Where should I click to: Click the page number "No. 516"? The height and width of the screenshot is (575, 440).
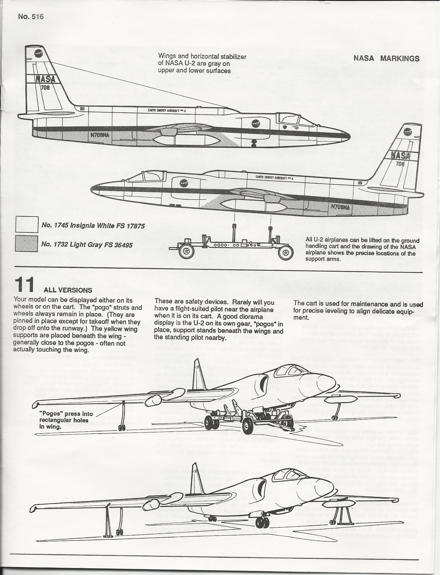(31, 17)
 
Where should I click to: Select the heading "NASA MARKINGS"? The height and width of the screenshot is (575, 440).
(386, 58)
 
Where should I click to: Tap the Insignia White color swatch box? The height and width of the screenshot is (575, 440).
(27, 224)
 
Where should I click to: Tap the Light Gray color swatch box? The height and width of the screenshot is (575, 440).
(26, 244)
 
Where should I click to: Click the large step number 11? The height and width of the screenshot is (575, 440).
(24, 285)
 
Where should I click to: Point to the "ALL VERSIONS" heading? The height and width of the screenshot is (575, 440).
(68, 290)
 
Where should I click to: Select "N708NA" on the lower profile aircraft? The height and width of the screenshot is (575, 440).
(340, 207)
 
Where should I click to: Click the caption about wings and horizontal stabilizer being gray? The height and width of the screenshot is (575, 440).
(202, 63)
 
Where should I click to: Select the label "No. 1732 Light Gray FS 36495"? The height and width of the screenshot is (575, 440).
(87, 245)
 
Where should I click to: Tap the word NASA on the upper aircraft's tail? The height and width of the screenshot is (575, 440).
(45, 79)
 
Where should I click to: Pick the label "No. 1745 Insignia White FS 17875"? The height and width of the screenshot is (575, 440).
(93, 225)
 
